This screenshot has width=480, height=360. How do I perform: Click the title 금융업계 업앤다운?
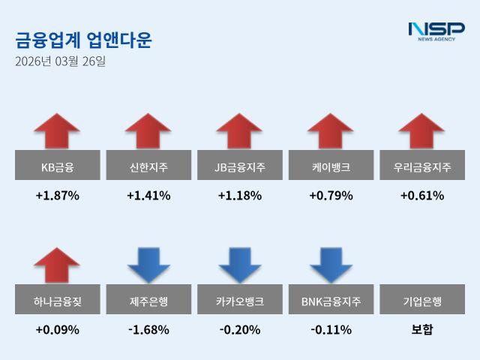click(83, 40)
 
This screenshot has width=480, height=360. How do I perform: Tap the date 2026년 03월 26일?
click(60, 61)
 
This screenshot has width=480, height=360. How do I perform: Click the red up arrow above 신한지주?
click(148, 130)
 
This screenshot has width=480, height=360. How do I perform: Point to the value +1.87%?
click(57, 196)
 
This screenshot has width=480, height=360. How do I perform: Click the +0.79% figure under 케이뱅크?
click(331, 196)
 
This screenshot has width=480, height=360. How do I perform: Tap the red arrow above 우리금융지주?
click(422, 130)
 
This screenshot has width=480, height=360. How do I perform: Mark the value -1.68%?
click(148, 329)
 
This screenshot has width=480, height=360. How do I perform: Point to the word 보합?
click(422, 329)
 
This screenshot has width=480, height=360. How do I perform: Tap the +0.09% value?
click(57, 329)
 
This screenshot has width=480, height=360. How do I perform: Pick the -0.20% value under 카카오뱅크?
click(240, 329)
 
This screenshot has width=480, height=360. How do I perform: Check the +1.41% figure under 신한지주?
click(148, 196)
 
